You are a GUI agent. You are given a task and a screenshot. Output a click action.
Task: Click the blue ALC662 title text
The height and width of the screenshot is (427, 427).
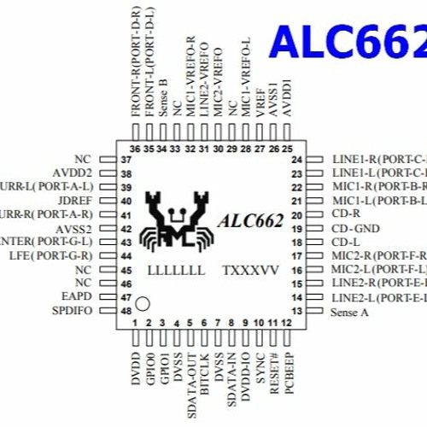click(x=348, y=40)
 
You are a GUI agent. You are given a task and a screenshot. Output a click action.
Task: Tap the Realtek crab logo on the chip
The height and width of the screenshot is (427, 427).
click(x=177, y=219)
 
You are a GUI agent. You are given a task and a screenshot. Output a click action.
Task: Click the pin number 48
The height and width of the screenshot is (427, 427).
click(x=126, y=310)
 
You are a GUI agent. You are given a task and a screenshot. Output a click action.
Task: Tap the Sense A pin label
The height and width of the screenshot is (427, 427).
click(x=349, y=312)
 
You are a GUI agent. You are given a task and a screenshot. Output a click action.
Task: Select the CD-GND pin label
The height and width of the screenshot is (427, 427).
click(x=355, y=229)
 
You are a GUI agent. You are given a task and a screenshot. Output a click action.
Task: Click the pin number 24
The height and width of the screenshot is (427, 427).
click(x=297, y=160)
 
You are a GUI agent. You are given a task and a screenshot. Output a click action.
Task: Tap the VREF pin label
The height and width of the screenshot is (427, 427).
click(x=260, y=99)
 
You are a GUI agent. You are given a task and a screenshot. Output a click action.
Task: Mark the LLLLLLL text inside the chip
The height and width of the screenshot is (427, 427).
click(x=176, y=270)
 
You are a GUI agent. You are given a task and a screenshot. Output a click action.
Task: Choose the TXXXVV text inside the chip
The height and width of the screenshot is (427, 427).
click(x=250, y=270)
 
